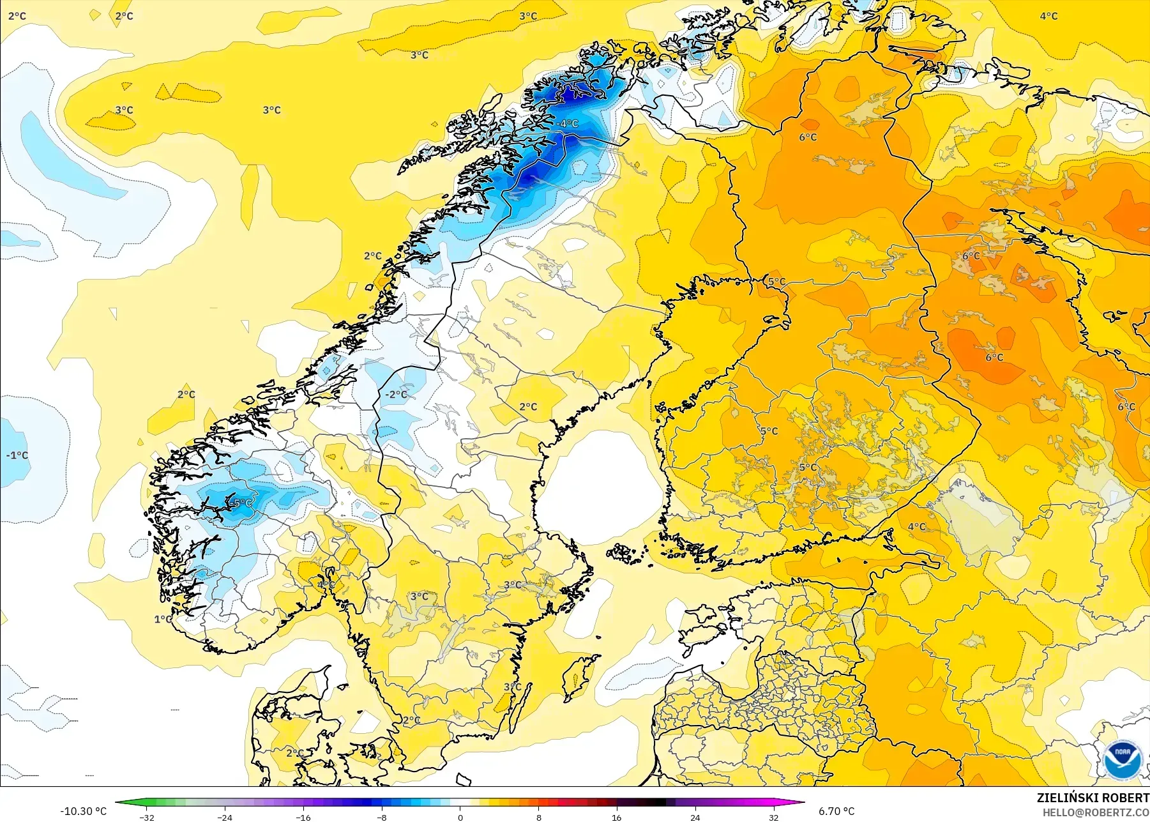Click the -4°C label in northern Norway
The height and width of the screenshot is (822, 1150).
(566, 123)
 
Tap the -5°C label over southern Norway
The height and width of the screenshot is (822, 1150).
(241, 503)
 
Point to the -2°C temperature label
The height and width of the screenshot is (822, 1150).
(395, 395)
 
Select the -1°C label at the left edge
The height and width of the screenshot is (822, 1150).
(17, 455)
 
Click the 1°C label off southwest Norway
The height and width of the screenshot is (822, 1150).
(163, 619)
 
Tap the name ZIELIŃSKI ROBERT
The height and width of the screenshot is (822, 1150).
(1093, 798)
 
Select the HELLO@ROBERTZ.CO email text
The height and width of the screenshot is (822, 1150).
(1096, 812)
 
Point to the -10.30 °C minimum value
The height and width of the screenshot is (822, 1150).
(84, 811)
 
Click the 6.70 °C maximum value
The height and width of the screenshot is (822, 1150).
(836, 811)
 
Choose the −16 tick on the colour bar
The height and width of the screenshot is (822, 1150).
(303, 817)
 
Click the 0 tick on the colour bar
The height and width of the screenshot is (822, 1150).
(460, 817)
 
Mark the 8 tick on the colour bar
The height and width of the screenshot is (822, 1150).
(538, 817)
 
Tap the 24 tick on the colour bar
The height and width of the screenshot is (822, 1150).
(695, 817)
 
